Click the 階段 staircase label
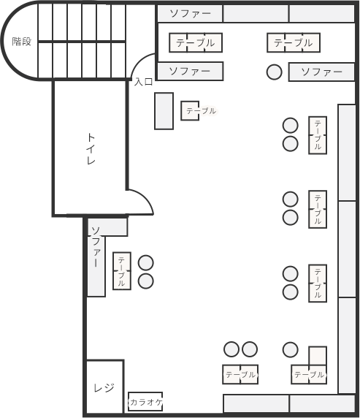point(22,42)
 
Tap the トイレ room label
point(91,148)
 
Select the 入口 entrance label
point(143,82)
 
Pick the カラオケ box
point(145,402)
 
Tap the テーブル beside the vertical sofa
point(121,270)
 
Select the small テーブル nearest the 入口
point(191,110)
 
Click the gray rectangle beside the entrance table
point(164,110)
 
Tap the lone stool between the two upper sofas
point(274,72)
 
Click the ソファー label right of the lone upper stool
point(321,72)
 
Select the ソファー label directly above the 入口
point(189,71)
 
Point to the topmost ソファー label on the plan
point(189,13)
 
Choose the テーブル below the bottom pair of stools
point(240,374)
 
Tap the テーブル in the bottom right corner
point(309,374)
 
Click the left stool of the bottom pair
point(232,349)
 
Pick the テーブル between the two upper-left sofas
point(196,42)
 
